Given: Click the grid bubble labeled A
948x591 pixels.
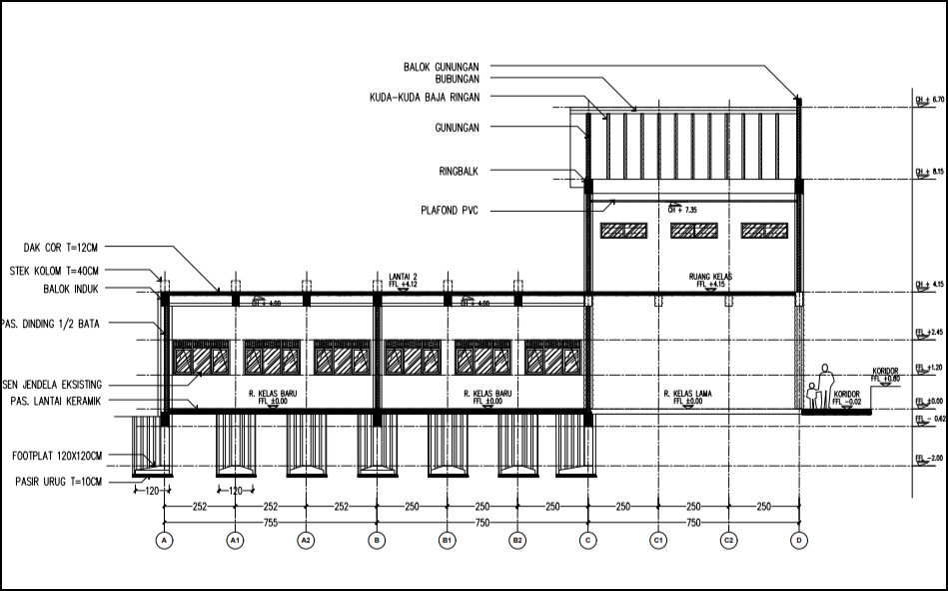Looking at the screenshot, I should [x=164, y=540].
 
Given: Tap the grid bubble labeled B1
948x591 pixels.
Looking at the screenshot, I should [x=447, y=540].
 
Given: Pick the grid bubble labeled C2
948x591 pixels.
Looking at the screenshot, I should [x=729, y=540].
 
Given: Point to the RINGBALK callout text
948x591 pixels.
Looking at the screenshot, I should [x=457, y=171].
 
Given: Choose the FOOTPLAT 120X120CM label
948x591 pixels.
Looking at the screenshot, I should [x=58, y=456].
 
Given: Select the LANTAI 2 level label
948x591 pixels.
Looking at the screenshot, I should [x=404, y=275].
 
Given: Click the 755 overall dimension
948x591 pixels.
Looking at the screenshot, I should [x=270, y=522].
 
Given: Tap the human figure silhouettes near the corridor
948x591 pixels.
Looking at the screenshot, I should [x=820, y=388].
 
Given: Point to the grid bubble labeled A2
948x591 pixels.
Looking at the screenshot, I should [x=306, y=540].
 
